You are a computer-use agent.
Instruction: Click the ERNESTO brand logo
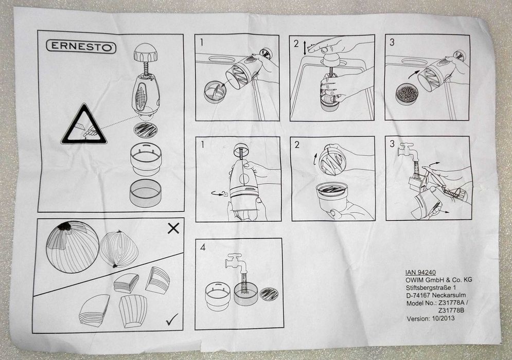coord(81,47)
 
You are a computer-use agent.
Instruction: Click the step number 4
coord(203,247)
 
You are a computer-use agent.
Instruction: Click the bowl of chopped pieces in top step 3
coord(406,95)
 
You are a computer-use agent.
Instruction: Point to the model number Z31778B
coord(452,311)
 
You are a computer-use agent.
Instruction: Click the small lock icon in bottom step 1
coord(225,194)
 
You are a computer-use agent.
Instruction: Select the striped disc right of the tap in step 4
coord(269,294)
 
